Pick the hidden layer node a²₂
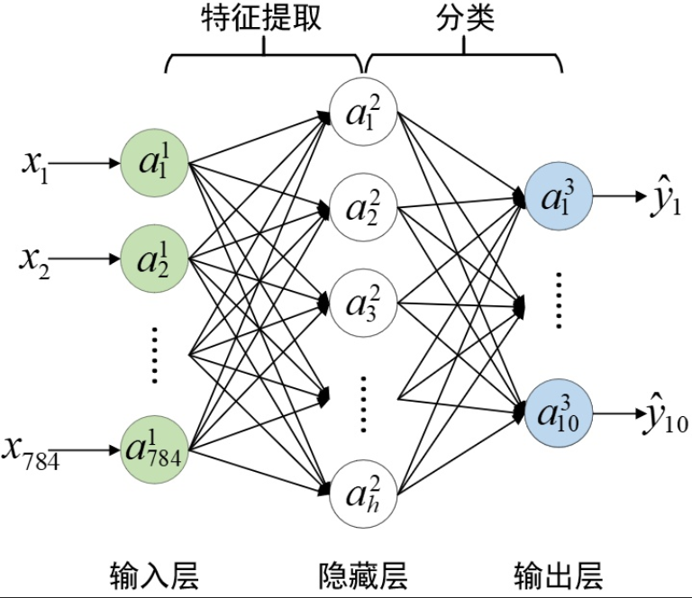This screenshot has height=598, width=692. pos(364,208)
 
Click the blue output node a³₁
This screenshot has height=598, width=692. pos(558,197)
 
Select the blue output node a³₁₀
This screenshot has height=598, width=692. pos(558,413)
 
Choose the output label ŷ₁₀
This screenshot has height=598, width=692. pos(662,416)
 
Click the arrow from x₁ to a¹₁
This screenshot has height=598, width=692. pos(86,164)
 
